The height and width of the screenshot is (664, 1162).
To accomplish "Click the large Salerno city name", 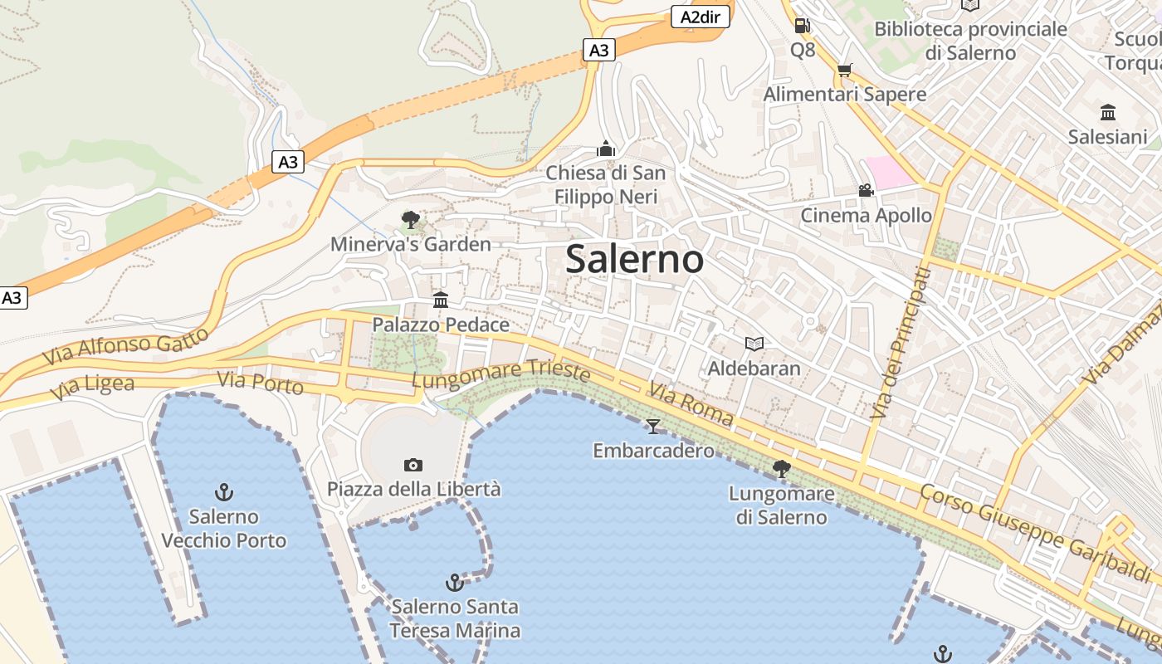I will pyautogui.click(x=635, y=259).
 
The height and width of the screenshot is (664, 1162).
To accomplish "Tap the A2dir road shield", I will pyautogui.click(x=700, y=17).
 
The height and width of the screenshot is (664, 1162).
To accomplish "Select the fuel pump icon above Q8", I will pyautogui.click(x=802, y=26).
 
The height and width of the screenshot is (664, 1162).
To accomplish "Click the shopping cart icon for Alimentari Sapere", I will pyautogui.click(x=844, y=71).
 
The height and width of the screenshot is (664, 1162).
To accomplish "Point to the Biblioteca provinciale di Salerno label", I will pyautogui.click(x=970, y=41).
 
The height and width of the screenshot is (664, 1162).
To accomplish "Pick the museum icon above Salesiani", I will pyautogui.click(x=1107, y=112).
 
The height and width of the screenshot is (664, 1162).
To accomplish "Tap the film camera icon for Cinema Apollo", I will pyautogui.click(x=866, y=191).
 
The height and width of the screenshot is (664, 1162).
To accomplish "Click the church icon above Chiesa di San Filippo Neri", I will pyautogui.click(x=606, y=149).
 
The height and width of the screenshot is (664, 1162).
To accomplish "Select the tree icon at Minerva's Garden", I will pyautogui.click(x=410, y=220).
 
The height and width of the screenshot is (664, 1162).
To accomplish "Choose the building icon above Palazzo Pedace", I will pyautogui.click(x=441, y=300).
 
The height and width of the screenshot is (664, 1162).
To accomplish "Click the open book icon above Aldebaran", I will pyautogui.click(x=754, y=344).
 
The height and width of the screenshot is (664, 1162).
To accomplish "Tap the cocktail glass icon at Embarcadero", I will pyautogui.click(x=653, y=427).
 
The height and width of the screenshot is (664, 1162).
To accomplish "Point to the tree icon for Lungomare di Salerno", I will pyautogui.click(x=781, y=469).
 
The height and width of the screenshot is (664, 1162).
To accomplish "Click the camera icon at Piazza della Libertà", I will pyautogui.click(x=413, y=465).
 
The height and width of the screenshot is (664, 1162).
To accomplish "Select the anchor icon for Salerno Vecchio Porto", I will pyautogui.click(x=223, y=492).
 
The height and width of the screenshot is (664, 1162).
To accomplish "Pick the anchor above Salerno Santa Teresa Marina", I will pyautogui.click(x=454, y=582).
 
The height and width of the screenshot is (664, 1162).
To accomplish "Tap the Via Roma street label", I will pyautogui.click(x=691, y=404).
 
